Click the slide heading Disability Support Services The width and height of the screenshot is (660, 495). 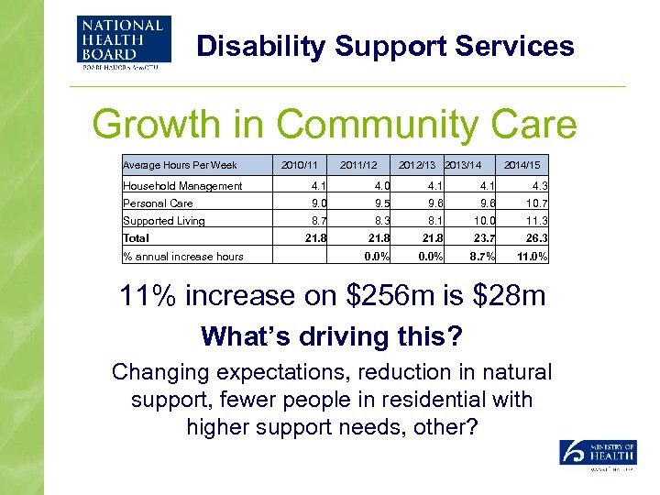tap(385, 46)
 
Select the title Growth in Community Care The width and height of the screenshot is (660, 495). tap(335, 125)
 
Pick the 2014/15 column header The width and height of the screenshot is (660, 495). tap(522, 165)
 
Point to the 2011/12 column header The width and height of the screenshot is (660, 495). tap(358, 165)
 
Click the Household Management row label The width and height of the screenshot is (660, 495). tap(183, 186)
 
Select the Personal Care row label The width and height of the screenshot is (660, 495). tap(159, 203)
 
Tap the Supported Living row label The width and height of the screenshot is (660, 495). tap(164, 221)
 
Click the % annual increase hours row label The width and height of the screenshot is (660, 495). tap(183, 257)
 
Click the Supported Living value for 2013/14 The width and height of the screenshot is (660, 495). tap(484, 221)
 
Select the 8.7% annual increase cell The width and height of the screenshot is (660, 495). tap(481, 257)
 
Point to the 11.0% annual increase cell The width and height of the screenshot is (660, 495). tap(531, 257)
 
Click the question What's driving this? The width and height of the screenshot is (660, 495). tap(331, 336)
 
